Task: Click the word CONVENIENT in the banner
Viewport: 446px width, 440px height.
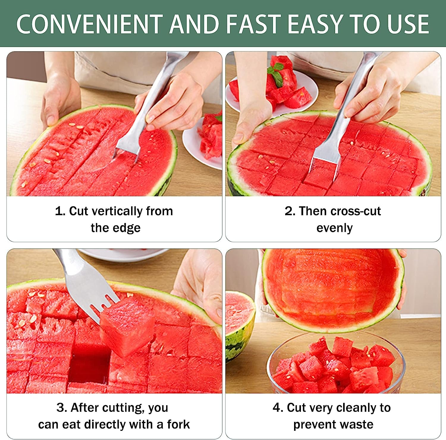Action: point(89,24)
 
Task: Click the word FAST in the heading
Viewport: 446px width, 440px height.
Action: point(253,24)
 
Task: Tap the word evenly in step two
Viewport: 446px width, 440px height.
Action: point(334,228)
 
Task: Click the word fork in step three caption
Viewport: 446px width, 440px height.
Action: point(178,425)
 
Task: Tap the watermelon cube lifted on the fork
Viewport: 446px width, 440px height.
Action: point(128,327)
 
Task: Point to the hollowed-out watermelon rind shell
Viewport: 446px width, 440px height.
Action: point(333,288)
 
